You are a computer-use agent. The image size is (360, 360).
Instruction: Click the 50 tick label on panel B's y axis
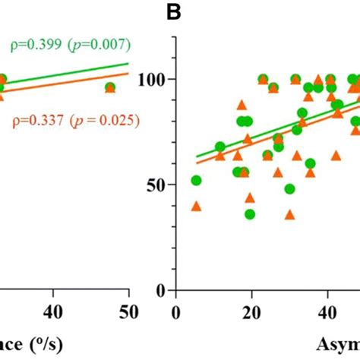point(156,185)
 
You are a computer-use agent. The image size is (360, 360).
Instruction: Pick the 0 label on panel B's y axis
point(161,291)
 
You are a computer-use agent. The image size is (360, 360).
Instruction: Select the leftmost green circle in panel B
point(196,181)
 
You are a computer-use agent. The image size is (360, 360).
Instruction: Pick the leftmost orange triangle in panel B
point(196,206)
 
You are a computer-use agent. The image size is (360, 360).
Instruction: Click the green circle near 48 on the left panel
point(110,87)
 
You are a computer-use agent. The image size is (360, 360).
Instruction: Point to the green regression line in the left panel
point(76,74)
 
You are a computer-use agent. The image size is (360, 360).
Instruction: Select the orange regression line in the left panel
point(76,84)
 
